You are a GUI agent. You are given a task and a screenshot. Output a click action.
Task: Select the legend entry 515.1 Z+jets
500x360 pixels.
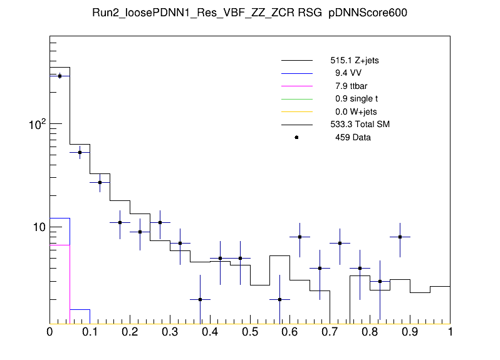click(354, 61)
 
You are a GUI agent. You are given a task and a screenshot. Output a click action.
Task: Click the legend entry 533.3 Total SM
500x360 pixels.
click(360, 125)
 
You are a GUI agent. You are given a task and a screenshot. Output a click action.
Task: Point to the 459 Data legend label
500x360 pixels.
click(353, 137)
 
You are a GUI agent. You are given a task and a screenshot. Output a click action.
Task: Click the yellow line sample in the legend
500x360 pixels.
click(296, 112)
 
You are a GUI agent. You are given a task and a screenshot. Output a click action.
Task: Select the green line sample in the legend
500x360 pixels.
click(296, 99)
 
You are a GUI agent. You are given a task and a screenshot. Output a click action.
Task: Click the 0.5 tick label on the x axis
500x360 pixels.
click(250, 332)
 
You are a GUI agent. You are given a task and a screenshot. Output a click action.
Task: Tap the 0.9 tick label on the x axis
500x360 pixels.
click(410, 332)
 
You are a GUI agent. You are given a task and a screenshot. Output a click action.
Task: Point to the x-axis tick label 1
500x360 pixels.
click(450, 332)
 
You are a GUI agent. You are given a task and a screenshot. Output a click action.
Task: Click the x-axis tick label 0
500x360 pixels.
click(49, 332)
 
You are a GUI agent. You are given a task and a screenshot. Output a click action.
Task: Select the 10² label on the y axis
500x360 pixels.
click(37, 125)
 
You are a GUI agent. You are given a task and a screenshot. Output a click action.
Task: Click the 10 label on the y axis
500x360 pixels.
click(39, 227)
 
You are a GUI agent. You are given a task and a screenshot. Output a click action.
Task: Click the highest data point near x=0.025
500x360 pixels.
click(60, 76)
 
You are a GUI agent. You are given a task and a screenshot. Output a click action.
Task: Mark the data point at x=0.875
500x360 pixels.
click(400, 237)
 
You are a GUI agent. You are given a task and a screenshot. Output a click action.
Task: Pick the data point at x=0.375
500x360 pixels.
click(200, 299)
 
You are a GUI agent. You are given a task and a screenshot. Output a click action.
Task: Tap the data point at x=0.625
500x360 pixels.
click(300, 237)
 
